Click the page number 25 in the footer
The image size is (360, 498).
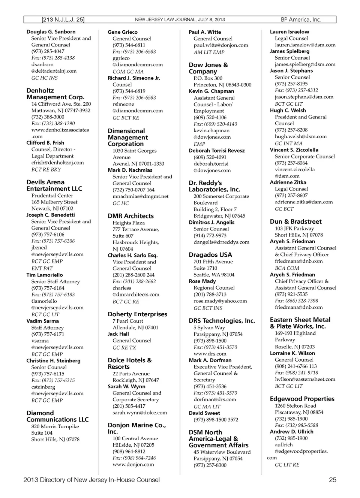pyautogui.click(x=332, y=480)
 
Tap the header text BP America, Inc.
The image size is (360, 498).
pyautogui.click(x=301, y=19)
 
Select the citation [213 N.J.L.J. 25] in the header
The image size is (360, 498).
pyautogui.click(x=63, y=19)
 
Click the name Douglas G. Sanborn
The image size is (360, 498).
pyautogui.click(x=51, y=32)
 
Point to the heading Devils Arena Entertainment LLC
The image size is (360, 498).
pyautogui.click(x=54, y=185)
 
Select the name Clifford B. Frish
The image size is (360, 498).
pyautogui.click(x=45, y=143)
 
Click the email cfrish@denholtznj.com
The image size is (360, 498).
pyautogui.click(x=57, y=163)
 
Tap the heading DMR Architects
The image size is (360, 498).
pyautogui.click(x=130, y=216)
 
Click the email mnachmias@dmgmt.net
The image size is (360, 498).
pyautogui.click(x=140, y=196)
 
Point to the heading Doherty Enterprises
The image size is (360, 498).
pyautogui.click(x=137, y=314)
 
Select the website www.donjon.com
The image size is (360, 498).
pyautogui.click(x=133, y=465)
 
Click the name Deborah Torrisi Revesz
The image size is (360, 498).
pyautogui.click(x=217, y=151)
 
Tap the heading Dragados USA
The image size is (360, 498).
pyautogui.click(x=210, y=255)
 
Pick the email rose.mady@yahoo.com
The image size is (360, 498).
pyautogui.click(x=220, y=301)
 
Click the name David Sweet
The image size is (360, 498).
pyautogui.click(x=204, y=413)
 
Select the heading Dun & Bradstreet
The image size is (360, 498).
pyautogui.click(x=295, y=221)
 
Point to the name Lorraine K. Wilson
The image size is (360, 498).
pyautogui.click(x=292, y=353)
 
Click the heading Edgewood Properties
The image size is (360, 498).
pyautogui.click(x=302, y=399)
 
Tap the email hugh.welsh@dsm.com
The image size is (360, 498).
pyautogui.click(x=300, y=137)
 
